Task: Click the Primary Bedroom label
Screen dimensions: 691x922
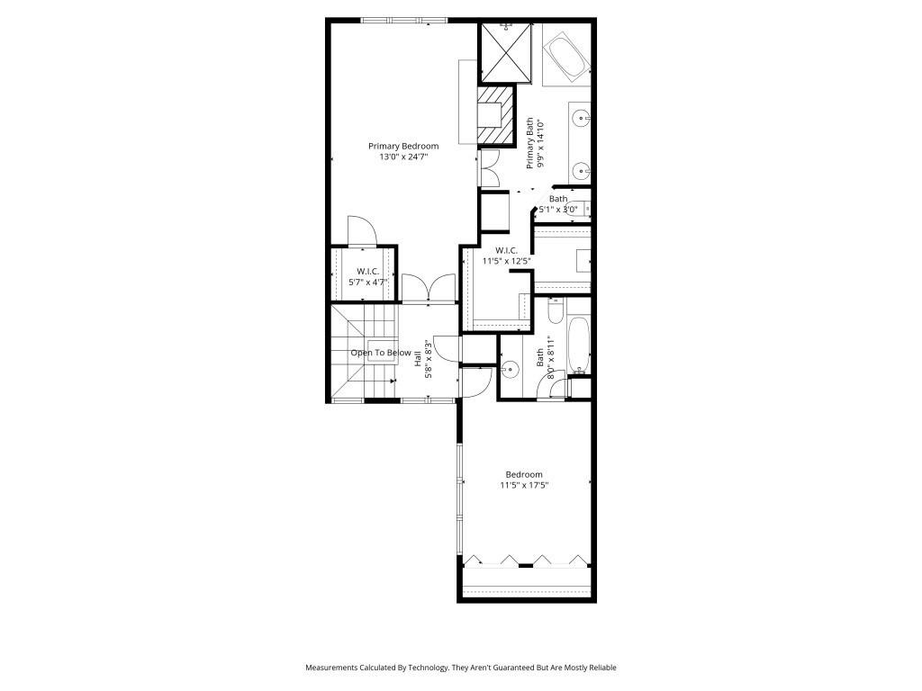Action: point(402,146)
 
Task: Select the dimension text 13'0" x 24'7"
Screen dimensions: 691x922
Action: point(402,157)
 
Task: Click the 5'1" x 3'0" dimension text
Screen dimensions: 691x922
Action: point(558,210)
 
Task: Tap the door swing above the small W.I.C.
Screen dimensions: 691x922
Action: point(361,230)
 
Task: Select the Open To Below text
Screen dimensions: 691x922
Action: point(381,353)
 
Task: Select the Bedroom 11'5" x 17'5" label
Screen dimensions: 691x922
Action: point(524,480)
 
